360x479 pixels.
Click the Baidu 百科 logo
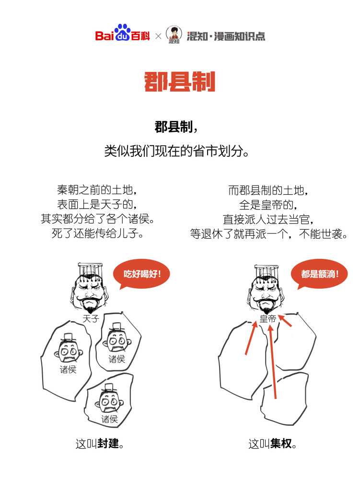tap(122, 35)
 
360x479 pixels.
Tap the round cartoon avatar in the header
tap(174, 35)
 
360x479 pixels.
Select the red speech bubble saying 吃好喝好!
tap(142, 275)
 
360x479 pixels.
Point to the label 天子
tap(91, 318)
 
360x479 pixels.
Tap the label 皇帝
tap(268, 318)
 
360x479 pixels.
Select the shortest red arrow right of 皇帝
tap(286, 320)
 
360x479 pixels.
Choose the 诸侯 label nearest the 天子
tap(116, 359)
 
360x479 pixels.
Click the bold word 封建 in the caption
tap(108, 444)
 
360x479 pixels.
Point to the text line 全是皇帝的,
tap(268, 205)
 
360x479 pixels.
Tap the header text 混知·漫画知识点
tap(225, 36)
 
